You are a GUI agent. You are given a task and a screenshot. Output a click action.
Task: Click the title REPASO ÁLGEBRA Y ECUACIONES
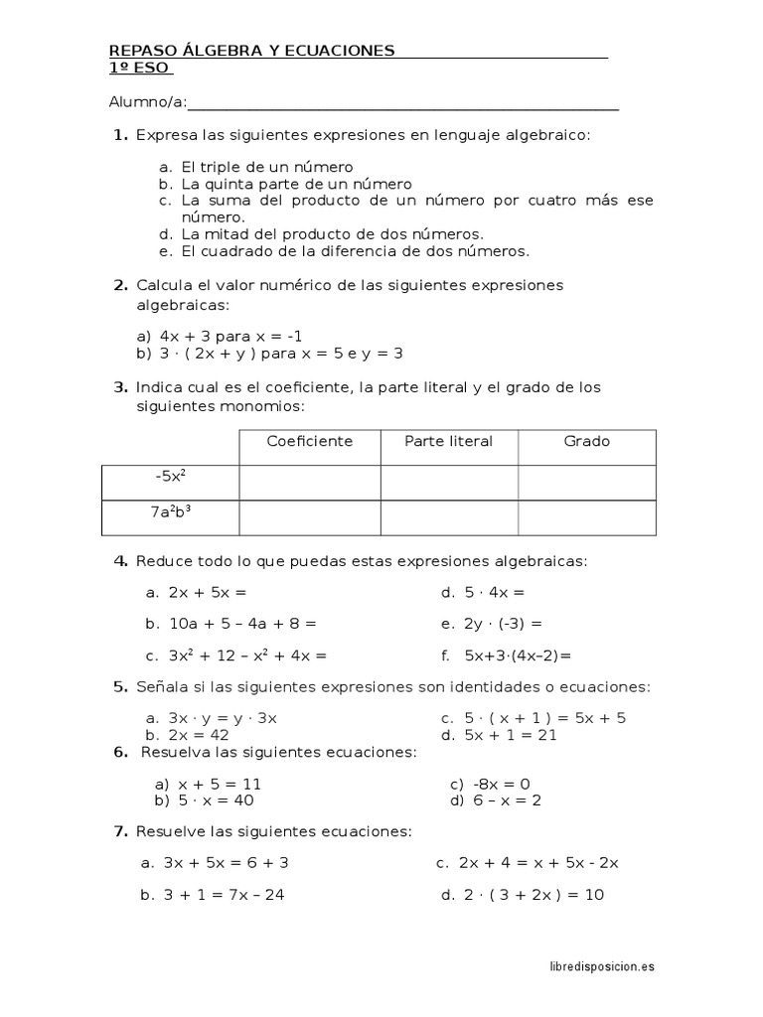click(x=251, y=51)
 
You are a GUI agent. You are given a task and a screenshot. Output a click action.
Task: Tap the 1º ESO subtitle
click(x=140, y=68)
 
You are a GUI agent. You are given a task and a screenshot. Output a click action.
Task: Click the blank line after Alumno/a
click(x=402, y=102)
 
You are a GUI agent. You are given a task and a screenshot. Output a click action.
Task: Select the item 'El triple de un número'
click(x=267, y=168)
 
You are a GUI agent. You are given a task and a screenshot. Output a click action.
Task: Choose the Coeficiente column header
click(x=309, y=441)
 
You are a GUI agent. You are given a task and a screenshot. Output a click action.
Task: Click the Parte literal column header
click(x=448, y=441)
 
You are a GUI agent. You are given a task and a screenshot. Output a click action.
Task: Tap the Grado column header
click(x=586, y=441)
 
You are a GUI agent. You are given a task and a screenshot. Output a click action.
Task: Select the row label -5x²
click(x=170, y=477)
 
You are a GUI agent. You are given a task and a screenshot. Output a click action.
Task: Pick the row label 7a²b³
click(x=170, y=512)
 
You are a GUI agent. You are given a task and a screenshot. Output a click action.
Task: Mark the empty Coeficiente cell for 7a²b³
click(x=309, y=516)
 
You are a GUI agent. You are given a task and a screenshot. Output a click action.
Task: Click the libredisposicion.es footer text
click(x=602, y=965)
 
